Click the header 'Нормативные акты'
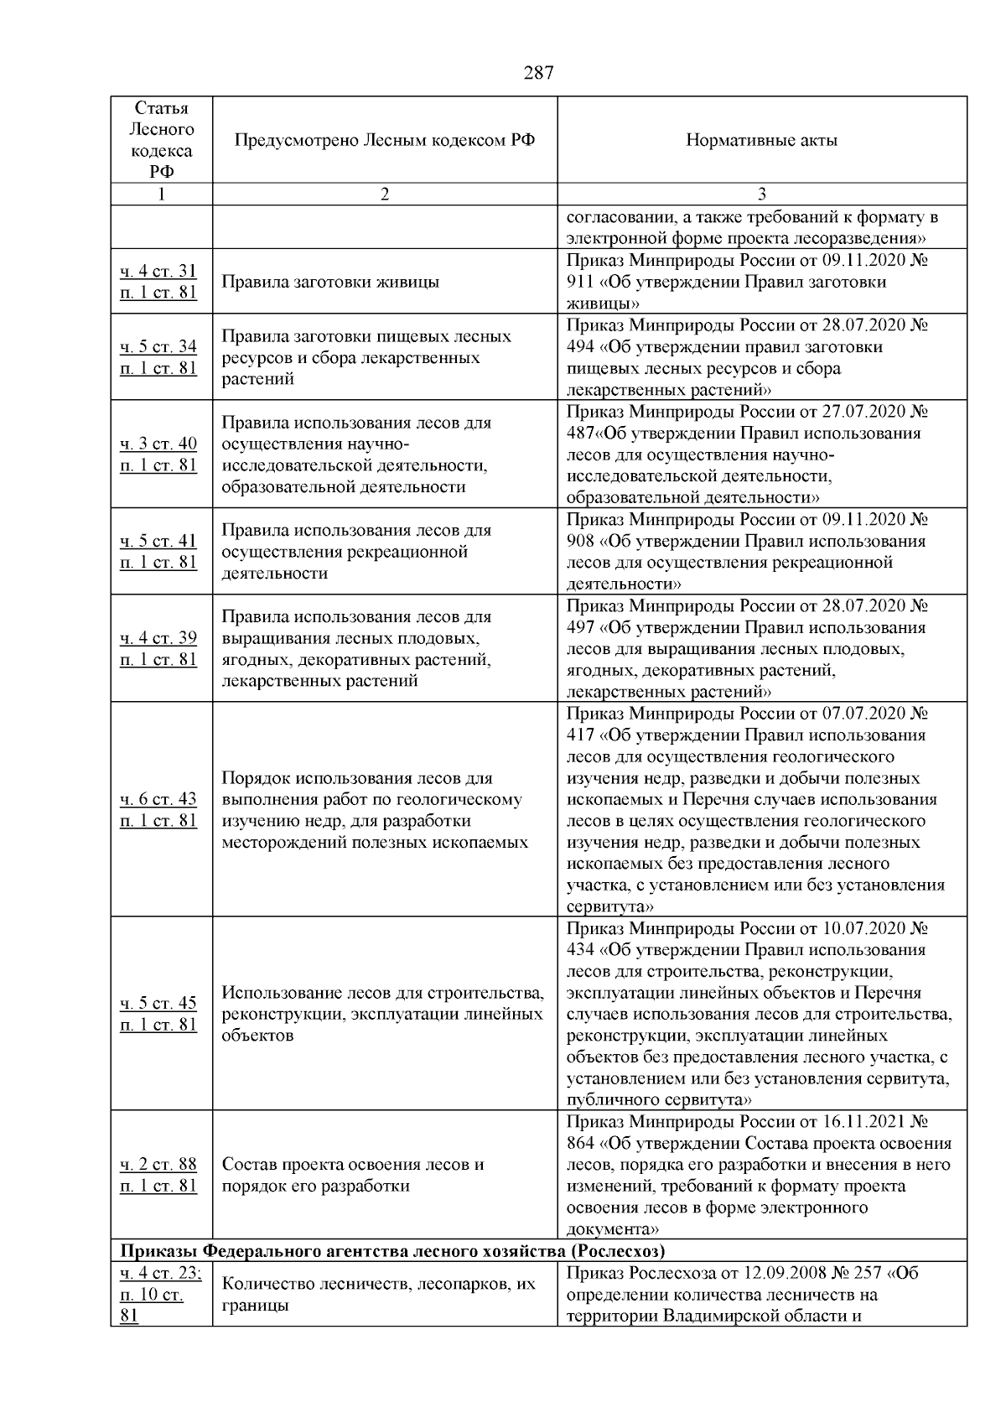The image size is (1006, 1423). tap(761, 141)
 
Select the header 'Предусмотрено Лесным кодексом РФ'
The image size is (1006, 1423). tap(384, 141)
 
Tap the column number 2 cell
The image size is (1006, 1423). tap(384, 195)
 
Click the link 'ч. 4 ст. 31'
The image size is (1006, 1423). tap(158, 271)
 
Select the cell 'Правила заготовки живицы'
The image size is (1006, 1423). tap(330, 282)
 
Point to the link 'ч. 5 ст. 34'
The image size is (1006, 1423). tap(158, 346)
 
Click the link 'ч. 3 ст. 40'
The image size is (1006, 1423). tap(158, 444)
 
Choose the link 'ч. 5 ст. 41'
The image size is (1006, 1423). tap(158, 541)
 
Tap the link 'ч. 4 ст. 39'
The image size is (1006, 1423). tap(158, 638)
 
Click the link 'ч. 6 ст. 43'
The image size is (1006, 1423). tap(158, 799)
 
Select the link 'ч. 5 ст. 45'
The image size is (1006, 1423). tap(158, 1003)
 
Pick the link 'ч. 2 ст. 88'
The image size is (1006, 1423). tap(158, 1164)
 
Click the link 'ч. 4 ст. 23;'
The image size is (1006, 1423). tap(160, 1273)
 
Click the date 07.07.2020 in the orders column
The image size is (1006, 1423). tap(862, 714)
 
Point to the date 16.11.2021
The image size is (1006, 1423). tap(862, 1122)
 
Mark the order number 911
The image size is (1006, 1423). tap(580, 282)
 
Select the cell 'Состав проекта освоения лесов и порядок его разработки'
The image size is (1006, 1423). tap(353, 1175)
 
